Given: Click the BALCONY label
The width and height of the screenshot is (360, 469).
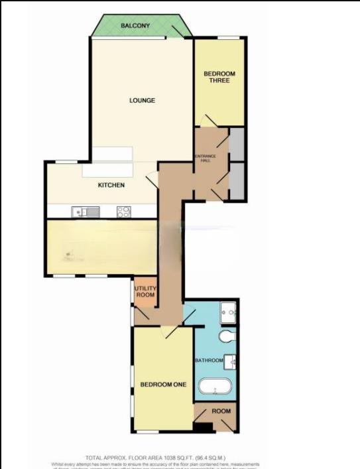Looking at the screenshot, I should tap(136, 26).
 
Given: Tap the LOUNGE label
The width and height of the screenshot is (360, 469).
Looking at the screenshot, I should tap(142, 101).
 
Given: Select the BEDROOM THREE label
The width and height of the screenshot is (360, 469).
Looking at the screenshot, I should tap(219, 77).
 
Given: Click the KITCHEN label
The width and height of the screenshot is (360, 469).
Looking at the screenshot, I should tap(111, 185).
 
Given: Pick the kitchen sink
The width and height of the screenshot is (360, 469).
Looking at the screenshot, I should tap(86, 212).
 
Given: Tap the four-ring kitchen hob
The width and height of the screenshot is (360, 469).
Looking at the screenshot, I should tap(123, 212).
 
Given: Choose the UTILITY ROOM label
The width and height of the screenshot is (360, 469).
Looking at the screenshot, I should tap(145, 291).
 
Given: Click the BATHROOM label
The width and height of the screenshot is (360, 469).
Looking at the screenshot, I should tap(210, 360).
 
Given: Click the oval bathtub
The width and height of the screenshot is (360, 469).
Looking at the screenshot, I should tap(215, 388).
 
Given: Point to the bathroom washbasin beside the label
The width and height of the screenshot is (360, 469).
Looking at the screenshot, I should tap(231, 362).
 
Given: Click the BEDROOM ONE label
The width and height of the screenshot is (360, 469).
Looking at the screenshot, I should tap(163, 385).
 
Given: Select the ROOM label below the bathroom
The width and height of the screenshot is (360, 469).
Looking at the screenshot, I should tap(221, 411).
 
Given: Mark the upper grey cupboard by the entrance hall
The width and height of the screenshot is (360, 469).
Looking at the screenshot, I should tap(237, 142).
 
